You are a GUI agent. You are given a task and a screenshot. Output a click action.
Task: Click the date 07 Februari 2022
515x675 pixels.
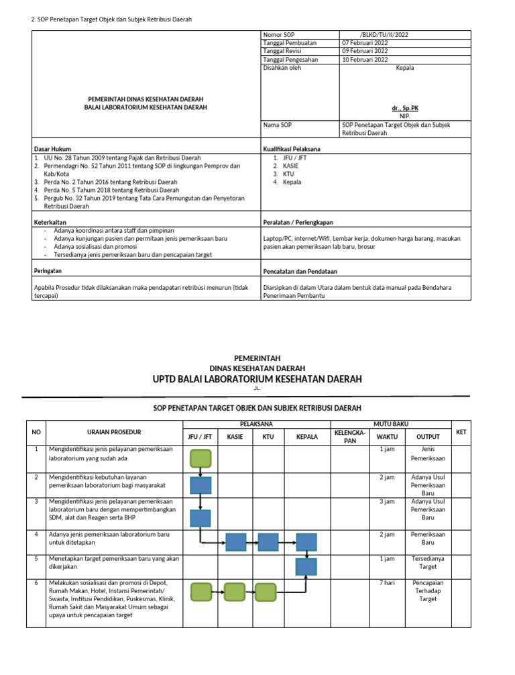(364, 42)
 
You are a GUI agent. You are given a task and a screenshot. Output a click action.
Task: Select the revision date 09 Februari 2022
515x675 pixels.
(364, 51)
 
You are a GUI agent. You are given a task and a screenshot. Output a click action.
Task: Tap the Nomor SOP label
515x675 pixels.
(280, 34)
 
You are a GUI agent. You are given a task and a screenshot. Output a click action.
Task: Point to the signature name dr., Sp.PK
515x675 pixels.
(405, 107)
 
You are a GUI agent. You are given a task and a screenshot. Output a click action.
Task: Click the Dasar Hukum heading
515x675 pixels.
(52, 148)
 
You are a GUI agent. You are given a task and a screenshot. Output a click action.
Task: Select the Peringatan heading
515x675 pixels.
(48, 271)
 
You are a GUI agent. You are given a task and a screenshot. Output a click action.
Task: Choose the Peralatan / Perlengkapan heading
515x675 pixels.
(298, 222)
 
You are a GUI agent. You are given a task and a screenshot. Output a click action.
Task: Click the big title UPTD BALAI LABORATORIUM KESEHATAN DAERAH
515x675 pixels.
(257, 379)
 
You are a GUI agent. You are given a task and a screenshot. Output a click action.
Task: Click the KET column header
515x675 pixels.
(461, 433)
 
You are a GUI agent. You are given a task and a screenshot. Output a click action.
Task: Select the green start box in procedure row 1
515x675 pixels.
(201, 458)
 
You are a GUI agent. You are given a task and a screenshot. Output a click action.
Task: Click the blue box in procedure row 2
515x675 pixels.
(201, 485)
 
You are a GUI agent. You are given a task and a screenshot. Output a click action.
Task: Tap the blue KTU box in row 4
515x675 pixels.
(268, 541)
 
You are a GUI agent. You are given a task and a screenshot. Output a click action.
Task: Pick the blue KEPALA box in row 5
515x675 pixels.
(306, 567)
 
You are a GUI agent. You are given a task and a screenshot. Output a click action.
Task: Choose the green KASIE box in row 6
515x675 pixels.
(235, 591)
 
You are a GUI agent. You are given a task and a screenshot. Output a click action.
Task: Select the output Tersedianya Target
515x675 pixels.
(428, 562)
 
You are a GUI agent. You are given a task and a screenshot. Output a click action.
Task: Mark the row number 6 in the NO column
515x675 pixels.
(35, 583)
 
